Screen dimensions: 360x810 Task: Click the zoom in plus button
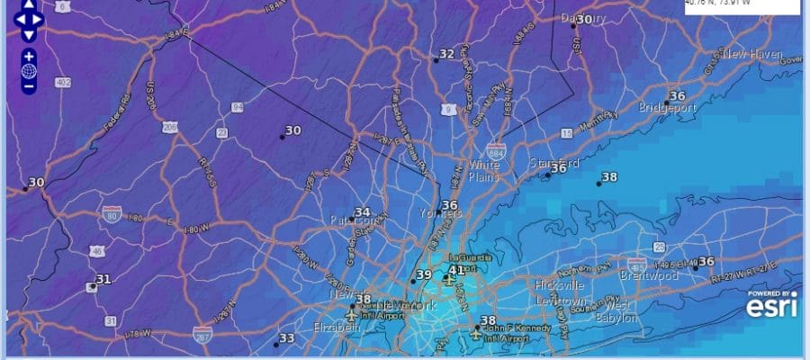29,56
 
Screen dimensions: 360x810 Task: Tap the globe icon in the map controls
29,71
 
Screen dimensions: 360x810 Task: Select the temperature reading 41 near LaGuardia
456,270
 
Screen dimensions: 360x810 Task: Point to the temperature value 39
424,275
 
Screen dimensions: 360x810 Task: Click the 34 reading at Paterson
362,212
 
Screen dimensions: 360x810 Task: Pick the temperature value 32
446,54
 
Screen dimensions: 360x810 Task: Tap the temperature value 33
287,338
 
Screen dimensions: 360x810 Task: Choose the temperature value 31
103,279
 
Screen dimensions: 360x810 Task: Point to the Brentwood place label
648,276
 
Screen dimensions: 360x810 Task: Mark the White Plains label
483,172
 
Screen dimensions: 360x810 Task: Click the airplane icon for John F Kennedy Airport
477,334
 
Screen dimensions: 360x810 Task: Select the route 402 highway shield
63,83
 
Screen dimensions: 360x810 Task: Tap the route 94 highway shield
238,107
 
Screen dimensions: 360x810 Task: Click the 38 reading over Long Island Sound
609,177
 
